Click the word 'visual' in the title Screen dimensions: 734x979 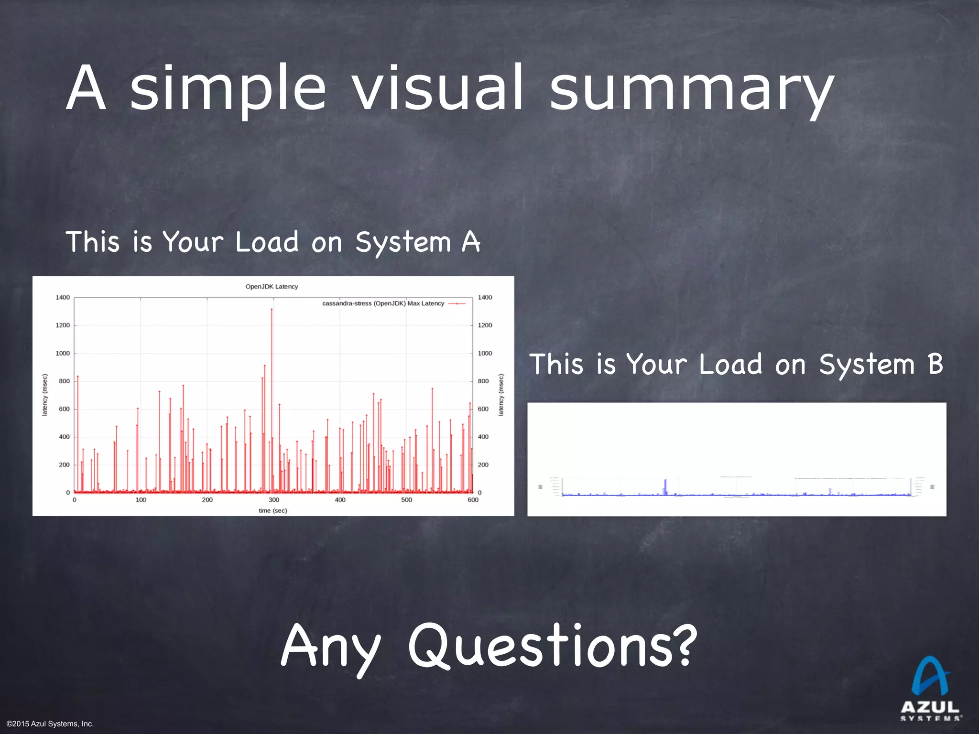[x=438, y=88]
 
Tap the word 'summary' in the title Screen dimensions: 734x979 [x=691, y=91]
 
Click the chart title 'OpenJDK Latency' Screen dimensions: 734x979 [x=272, y=287]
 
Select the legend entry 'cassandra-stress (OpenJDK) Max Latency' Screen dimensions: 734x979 [x=383, y=303]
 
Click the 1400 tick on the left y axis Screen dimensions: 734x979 [x=63, y=297]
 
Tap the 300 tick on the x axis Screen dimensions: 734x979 [x=274, y=500]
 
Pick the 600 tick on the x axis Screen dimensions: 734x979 [x=473, y=500]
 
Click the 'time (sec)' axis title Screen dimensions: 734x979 [x=273, y=510]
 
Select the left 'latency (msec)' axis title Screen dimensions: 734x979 [x=45, y=395]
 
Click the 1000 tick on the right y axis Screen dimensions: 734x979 [x=485, y=353]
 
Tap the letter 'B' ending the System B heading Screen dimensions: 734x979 [x=935, y=364]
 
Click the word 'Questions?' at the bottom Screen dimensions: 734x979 [x=553, y=646]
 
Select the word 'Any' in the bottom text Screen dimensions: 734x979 [x=330, y=648]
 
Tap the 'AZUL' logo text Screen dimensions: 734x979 [x=930, y=707]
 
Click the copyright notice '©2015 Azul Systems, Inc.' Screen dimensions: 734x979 [x=50, y=724]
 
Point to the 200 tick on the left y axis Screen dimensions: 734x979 [x=64, y=464]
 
